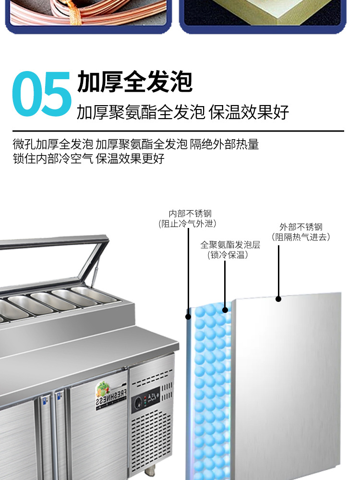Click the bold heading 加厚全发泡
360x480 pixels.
134,81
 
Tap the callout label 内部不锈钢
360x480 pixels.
190,214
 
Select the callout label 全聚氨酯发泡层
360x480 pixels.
230,245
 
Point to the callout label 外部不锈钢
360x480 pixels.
301,227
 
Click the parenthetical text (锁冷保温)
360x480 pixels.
228,255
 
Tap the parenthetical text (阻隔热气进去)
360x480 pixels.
301,237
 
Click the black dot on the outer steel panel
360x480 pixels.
278,299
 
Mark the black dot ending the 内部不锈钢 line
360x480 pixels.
189,316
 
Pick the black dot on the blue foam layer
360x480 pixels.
224,310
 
